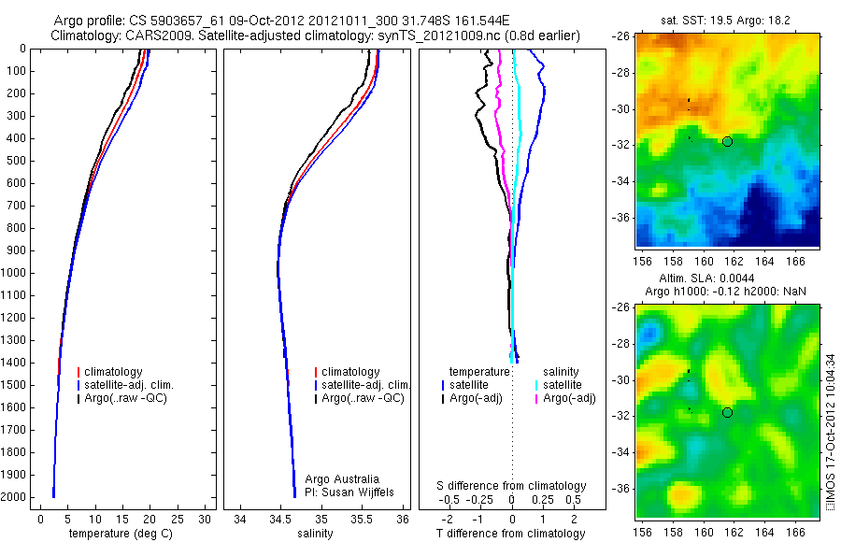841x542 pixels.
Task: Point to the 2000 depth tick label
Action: (14, 497)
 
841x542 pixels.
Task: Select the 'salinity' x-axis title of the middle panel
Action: (321, 534)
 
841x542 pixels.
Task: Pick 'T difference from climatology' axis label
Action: (512, 534)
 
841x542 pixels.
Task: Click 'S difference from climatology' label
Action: (512, 486)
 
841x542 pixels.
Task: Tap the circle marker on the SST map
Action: (727, 141)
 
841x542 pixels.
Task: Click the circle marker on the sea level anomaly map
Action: (727, 412)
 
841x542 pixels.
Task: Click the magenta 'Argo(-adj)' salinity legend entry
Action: (570, 398)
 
